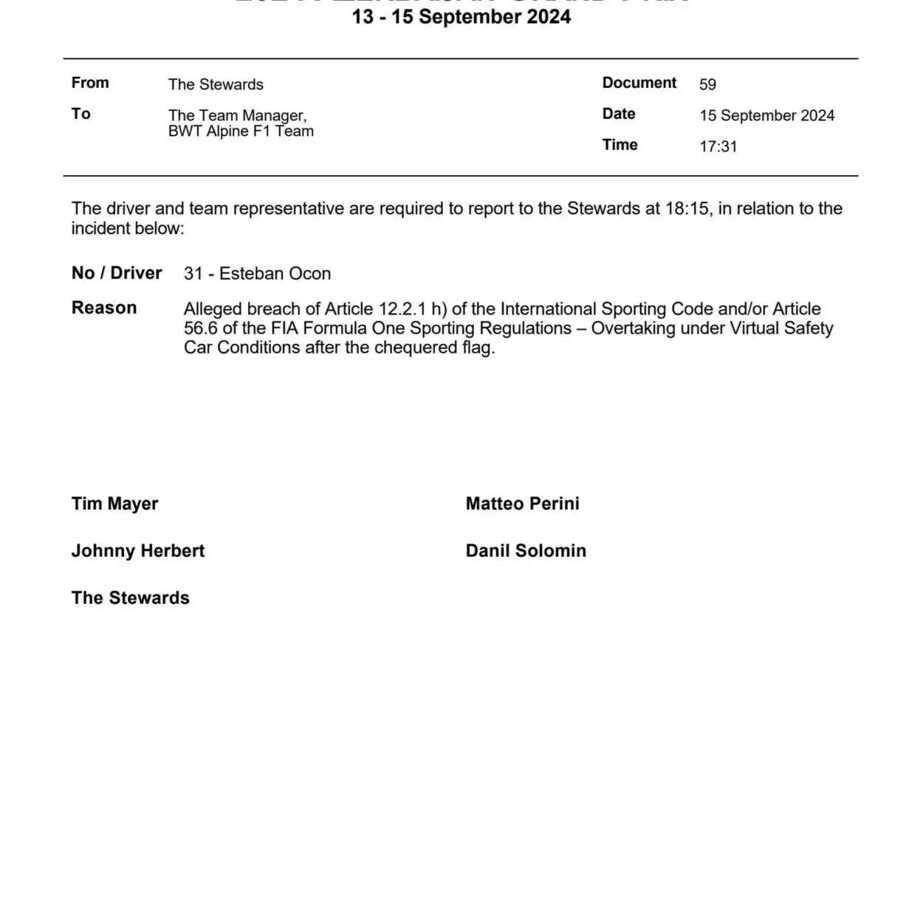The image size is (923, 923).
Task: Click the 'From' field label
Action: pyautogui.click(x=90, y=83)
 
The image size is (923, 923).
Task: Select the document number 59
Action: pyautogui.click(x=707, y=84)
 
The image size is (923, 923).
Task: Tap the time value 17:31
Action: pyautogui.click(x=718, y=146)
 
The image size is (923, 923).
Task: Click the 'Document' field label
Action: pyautogui.click(x=639, y=83)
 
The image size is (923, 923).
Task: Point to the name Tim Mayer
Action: pyautogui.click(x=114, y=504)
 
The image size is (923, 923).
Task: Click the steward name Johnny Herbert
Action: pyautogui.click(x=138, y=551)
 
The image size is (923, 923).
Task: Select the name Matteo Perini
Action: pyautogui.click(x=522, y=504)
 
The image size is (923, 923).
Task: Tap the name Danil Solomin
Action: pyautogui.click(x=526, y=551)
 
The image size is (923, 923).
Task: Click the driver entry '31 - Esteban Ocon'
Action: pyautogui.click(x=257, y=273)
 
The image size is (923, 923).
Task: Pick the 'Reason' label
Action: pyautogui.click(x=104, y=308)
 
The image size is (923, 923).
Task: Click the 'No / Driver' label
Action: pyautogui.click(x=117, y=273)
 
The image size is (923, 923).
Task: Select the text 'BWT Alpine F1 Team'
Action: pyautogui.click(x=241, y=131)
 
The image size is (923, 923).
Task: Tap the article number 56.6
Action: pyautogui.click(x=201, y=328)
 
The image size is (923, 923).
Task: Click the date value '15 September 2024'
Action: pyautogui.click(x=766, y=115)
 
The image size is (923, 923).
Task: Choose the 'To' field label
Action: pyautogui.click(x=81, y=114)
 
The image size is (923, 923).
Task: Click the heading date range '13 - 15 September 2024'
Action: pyautogui.click(x=461, y=17)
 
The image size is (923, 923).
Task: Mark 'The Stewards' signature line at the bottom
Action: pyautogui.click(x=131, y=598)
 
